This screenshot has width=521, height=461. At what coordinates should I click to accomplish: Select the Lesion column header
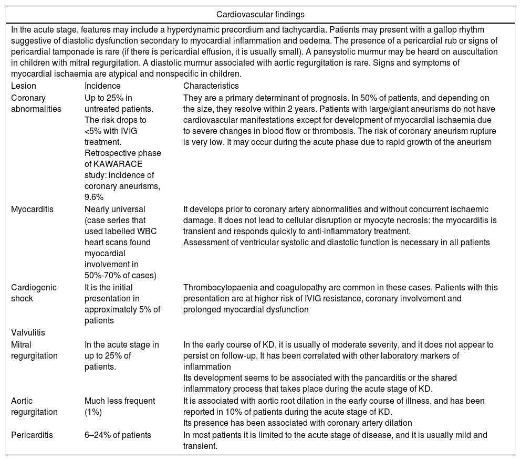(24, 86)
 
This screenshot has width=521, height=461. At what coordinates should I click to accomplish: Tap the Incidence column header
(102, 86)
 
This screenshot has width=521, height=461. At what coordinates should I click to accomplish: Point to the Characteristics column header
(211, 86)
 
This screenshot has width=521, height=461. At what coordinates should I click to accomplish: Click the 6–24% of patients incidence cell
(118, 435)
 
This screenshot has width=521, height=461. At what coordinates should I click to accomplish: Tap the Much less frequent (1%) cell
(120, 406)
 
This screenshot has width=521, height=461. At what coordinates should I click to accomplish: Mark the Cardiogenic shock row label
(34, 293)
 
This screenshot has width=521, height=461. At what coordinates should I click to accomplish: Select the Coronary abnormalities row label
(36, 103)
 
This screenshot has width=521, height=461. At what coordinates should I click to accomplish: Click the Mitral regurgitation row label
(34, 350)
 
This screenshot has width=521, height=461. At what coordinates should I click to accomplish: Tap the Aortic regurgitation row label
(34, 406)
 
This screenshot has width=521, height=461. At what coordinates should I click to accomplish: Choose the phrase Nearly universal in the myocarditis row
(115, 209)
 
